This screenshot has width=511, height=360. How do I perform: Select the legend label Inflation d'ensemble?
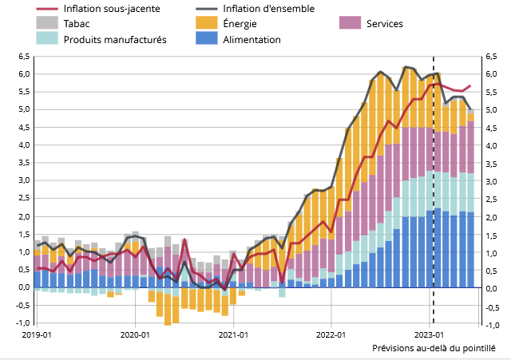(268, 9)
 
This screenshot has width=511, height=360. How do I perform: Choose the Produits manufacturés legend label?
(115, 39)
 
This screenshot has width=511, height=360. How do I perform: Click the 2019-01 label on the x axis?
(37, 334)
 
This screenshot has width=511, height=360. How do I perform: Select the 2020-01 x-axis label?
(134, 334)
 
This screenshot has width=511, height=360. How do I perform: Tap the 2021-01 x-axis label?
(232, 334)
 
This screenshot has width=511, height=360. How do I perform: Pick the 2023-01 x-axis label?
(430, 334)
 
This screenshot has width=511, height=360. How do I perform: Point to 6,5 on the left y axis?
(22, 57)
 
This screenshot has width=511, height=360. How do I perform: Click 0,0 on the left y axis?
(22, 289)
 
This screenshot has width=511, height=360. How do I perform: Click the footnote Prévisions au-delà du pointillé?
(434, 349)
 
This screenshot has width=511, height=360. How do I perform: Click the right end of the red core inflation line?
(470, 85)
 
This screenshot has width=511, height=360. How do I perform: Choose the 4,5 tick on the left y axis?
(22, 128)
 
